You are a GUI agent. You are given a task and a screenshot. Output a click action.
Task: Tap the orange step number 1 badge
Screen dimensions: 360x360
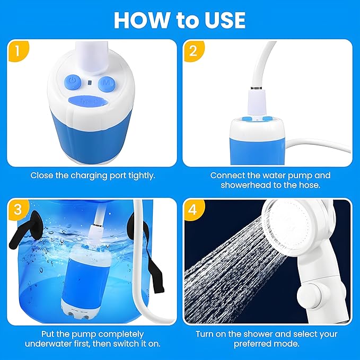coord(18,51)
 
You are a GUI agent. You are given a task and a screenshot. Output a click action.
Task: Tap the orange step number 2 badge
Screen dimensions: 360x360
coord(193,51)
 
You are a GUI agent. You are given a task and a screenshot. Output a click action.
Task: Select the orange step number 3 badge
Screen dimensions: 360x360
coord(18,209)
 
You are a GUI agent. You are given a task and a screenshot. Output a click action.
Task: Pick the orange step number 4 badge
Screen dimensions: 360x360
coord(193,209)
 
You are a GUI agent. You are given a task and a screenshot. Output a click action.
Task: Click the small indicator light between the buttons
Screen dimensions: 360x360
coord(90,82)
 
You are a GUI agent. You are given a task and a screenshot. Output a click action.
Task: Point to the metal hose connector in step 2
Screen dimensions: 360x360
coord(257,88)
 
